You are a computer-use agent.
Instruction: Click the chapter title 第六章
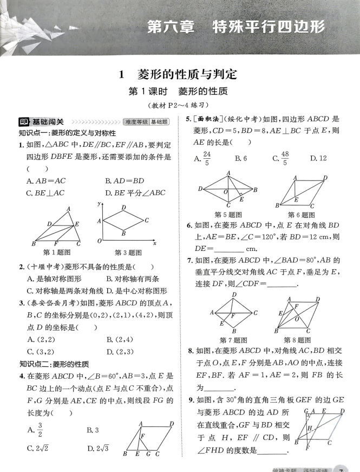tap(171, 28)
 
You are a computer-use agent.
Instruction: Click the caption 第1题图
tap(57, 252)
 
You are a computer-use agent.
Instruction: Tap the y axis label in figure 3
tap(99, 203)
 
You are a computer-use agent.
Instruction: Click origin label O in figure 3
tap(99, 241)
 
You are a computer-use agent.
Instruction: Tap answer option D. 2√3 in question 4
tap(98, 448)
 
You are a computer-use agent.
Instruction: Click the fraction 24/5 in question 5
tap(206, 158)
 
